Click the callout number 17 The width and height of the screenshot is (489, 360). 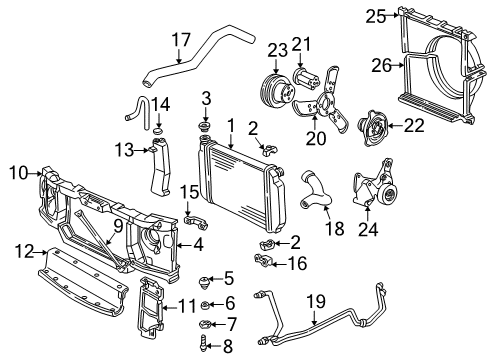pos(180,39)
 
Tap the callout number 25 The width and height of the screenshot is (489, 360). pos(375,15)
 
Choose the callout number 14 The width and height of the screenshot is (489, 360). pos(160,103)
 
